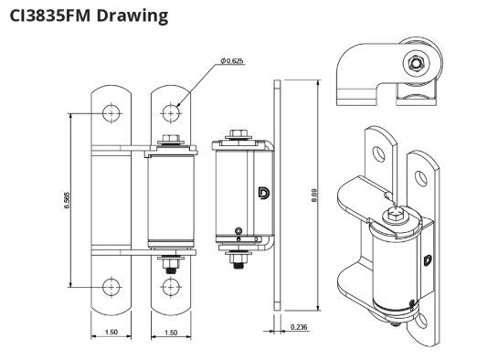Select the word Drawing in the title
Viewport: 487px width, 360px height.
pos(138,16)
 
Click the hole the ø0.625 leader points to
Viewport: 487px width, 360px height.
pos(171,112)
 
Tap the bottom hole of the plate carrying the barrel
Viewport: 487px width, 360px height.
pos(171,288)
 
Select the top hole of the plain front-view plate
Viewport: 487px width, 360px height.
pos(111,112)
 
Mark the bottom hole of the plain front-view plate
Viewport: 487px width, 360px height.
pos(111,288)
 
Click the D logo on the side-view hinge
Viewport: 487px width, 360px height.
pos(263,194)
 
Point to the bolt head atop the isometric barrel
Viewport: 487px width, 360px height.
pos(395,216)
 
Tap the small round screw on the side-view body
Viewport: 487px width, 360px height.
pos(238,229)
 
